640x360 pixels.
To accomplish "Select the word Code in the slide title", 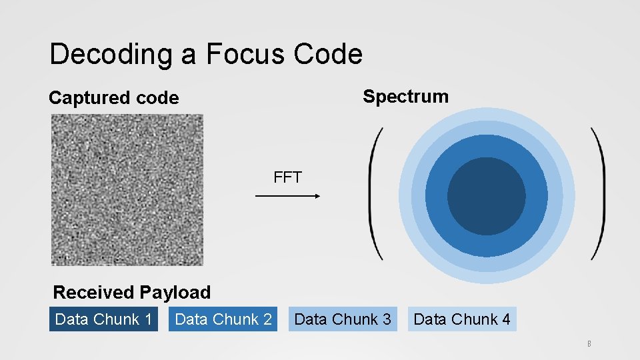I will point(329,54).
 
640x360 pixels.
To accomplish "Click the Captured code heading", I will point(114,98).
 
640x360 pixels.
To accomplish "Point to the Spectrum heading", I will point(405,97).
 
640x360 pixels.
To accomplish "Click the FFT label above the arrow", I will point(287,177).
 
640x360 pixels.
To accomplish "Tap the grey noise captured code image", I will point(127,189).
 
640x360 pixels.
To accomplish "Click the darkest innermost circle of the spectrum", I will point(486,197).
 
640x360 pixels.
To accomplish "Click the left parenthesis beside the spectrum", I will point(375,193).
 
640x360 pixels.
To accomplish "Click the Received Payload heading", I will point(131,292).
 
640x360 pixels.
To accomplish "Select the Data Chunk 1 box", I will point(103,319).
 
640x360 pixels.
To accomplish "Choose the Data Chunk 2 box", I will point(223,319).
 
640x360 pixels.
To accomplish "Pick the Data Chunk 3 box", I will point(343,319).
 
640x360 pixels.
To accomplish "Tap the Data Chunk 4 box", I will point(462,319).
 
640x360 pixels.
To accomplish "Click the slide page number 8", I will point(589,345).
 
